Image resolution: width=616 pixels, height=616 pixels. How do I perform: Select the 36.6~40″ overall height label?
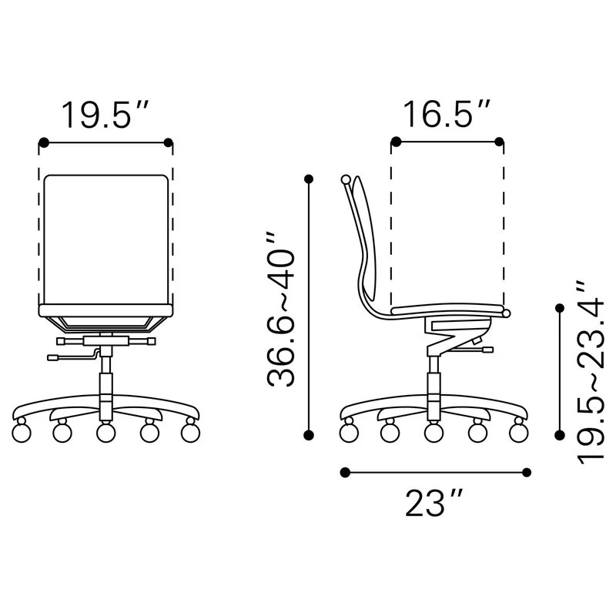280,310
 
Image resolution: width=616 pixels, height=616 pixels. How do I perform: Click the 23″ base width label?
434,502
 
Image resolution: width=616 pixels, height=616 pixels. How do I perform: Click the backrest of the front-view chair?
106,239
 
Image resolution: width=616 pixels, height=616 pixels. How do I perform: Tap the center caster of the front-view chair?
106,432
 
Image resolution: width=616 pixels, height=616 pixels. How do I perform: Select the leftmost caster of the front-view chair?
22,431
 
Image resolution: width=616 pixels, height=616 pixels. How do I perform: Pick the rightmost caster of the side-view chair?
518,430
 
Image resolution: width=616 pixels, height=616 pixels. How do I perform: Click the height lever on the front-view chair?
73,356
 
